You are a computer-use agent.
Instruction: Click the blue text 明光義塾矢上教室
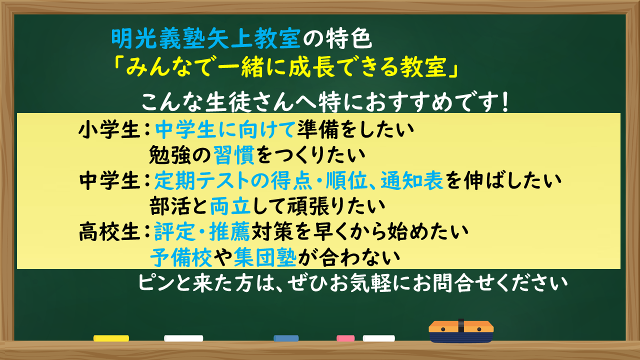point(205,38)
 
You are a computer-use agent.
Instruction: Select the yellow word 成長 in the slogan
point(312,67)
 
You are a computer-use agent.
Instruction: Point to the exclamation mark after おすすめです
point(505,102)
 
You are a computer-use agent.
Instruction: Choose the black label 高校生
point(109,231)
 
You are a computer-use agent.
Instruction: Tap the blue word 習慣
point(233,155)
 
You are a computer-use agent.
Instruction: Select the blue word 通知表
point(412,180)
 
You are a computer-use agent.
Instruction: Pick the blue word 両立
point(230,206)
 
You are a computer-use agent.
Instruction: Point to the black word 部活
point(169,206)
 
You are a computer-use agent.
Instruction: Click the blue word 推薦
point(229,231)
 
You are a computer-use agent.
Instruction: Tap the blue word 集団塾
point(265,257)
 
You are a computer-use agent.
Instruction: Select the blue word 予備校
point(181,257)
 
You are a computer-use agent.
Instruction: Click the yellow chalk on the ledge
point(111,338)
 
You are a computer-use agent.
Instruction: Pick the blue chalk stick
point(286,338)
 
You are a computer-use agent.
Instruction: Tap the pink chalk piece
point(345,338)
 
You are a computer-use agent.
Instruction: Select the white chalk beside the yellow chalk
point(183,338)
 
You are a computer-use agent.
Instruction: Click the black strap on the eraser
point(461,325)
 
